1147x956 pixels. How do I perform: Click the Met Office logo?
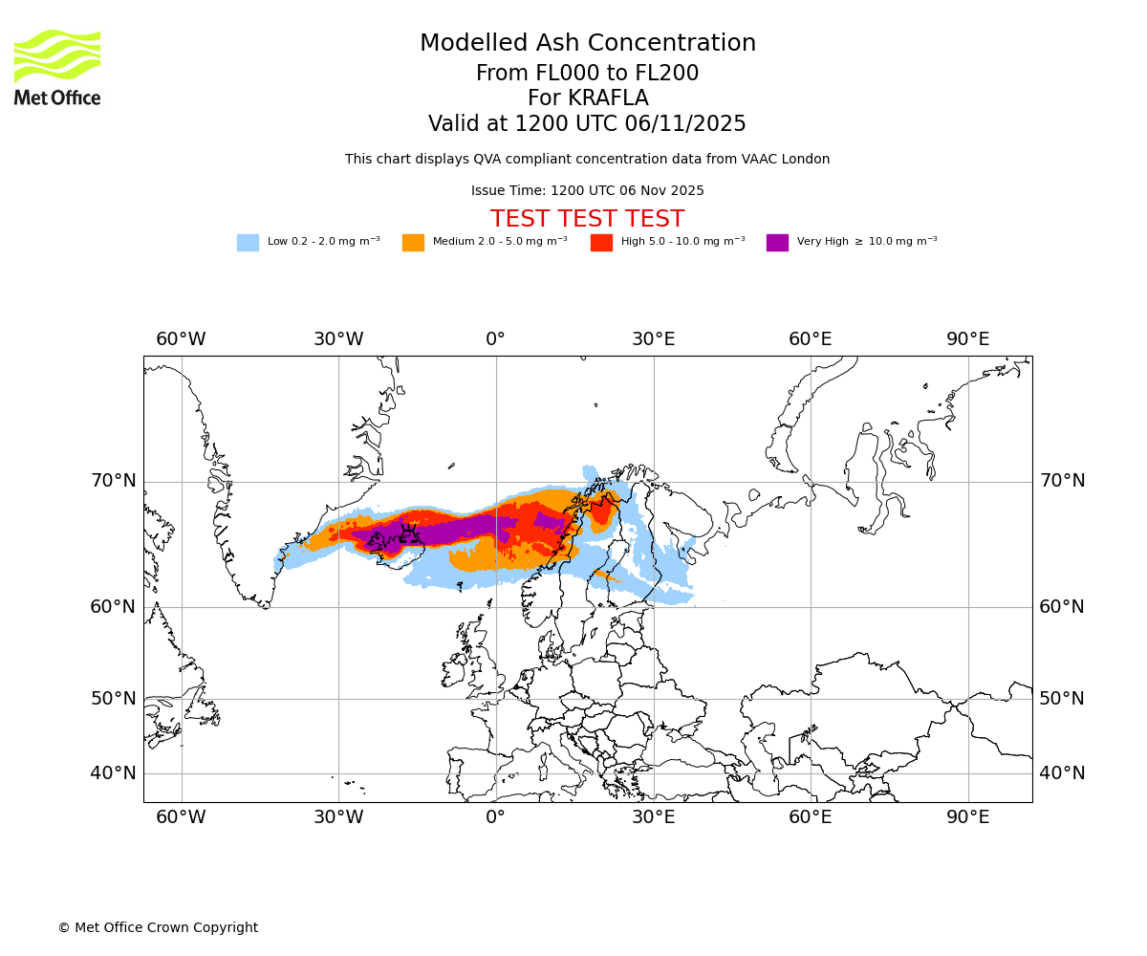[57, 67]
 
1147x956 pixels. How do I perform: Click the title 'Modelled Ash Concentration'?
[587, 44]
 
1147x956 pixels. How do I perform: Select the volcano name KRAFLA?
[587, 98]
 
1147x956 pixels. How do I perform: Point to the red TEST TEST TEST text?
[587, 220]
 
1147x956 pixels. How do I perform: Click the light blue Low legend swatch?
[248, 243]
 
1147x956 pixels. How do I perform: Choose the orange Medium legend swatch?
[413, 243]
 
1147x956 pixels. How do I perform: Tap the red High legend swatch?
[601, 243]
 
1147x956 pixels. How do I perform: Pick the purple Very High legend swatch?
[777, 243]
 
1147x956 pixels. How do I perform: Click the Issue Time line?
[587, 191]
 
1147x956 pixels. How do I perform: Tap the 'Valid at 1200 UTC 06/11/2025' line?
[587, 124]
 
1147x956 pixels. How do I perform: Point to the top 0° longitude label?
[495, 339]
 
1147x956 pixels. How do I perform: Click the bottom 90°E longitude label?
[967, 817]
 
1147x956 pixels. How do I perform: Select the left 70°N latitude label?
[113, 481]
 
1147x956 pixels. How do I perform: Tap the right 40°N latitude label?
[1062, 773]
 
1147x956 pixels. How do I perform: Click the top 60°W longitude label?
[181, 339]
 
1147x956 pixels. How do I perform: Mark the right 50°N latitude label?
[1062, 699]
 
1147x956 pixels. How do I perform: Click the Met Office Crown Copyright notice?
[158, 928]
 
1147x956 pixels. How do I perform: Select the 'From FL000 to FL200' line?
[587, 74]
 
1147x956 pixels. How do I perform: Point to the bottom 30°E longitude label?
[653, 817]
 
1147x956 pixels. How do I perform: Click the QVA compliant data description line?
[587, 160]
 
